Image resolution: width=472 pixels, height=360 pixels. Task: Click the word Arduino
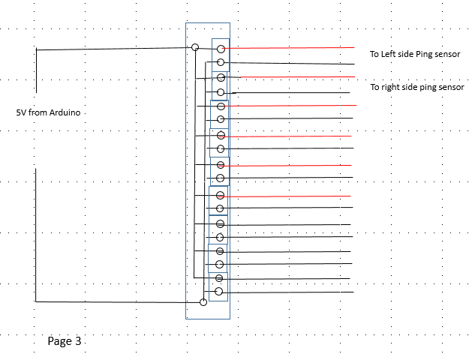point(65,112)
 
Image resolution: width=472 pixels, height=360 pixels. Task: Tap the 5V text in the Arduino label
point(21,112)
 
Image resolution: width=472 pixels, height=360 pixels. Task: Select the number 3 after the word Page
point(78,341)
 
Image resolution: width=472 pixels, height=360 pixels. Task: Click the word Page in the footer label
point(60,341)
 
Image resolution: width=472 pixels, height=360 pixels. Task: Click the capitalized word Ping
point(424,55)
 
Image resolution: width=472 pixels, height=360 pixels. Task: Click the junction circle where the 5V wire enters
point(195,47)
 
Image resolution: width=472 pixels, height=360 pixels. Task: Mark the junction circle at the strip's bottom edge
point(203,302)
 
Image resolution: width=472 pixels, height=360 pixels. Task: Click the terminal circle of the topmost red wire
point(221,49)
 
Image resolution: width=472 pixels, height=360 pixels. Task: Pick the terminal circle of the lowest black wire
point(219,292)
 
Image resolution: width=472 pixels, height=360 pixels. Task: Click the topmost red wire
point(288,48)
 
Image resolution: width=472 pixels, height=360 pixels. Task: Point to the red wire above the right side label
point(298,77)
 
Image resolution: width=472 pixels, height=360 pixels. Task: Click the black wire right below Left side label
point(290,63)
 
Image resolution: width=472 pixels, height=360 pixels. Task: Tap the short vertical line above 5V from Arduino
point(37,70)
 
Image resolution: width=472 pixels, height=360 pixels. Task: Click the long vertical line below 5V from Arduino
point(36,235)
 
